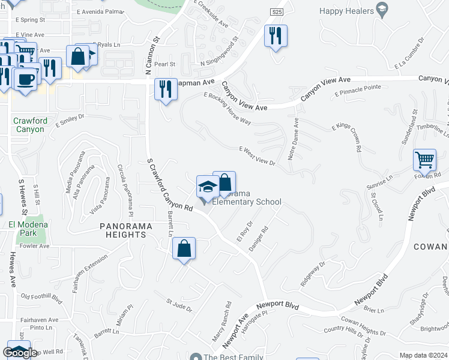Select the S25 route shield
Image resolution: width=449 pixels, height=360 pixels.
(276, 11)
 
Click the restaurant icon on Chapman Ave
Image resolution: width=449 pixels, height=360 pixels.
(165, 89)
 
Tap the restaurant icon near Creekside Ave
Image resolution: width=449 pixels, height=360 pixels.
(276, 35)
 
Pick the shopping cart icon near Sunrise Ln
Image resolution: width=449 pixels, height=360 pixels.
(424, 160)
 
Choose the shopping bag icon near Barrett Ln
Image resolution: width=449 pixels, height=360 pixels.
(184, 248)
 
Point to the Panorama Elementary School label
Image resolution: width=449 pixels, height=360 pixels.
(247, 198)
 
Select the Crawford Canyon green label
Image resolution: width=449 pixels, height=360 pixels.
(29, 125)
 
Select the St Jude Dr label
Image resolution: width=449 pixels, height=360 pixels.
(179, 306)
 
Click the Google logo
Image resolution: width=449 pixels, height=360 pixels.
(20, 353)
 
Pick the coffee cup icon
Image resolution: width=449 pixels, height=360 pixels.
(25, 79)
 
